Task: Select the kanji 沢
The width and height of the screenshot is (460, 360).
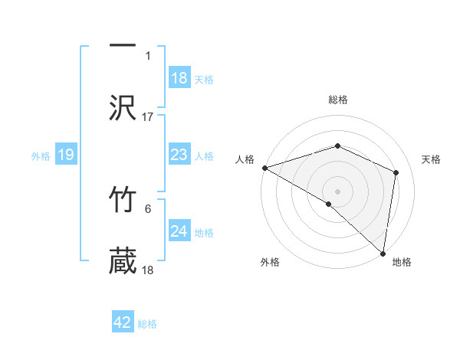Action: click(123, 107)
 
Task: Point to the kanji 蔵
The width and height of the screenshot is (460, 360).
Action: click(123, 260)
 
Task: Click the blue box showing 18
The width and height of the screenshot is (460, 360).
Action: click(179, 77)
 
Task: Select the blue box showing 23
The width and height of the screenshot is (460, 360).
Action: click(179, 155)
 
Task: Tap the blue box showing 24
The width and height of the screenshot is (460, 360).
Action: click(179, 231)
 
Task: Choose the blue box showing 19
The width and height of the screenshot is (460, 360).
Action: click(65, 155)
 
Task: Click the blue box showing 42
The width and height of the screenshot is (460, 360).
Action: click(123, 322)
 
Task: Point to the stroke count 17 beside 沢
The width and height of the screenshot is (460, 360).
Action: click(148, 117)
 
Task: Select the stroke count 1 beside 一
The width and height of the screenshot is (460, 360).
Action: click(148, 56)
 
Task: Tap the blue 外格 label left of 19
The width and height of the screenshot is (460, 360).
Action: click(41, 155)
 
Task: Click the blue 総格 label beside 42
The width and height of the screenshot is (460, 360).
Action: click(147, 324)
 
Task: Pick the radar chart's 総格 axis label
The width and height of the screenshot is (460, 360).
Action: click(337, 100)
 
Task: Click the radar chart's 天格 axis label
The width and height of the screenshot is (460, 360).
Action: click(432, 159)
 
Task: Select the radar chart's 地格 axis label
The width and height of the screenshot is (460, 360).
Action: click(402, 262)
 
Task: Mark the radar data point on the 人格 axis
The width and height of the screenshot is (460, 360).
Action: click(264, 168)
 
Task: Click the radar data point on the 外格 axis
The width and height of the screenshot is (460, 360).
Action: click(329, 204)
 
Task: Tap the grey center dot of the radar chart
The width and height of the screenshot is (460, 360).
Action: click(337, 191)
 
